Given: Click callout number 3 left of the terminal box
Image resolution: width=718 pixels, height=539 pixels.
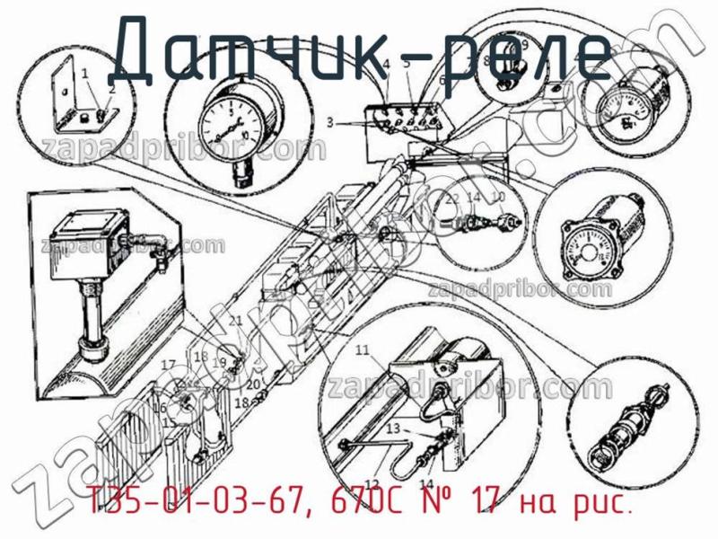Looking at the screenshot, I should pyautogui.click(x=329, y=121).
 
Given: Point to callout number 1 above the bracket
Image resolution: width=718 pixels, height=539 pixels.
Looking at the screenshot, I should pyautogui.click(x=84, y=72).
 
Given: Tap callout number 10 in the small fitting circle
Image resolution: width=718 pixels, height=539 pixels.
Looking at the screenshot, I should pyautogui.click(x=499, y=198).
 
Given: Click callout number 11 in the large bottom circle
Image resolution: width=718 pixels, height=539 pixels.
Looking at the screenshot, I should pyautogui.click(x=362, y=349).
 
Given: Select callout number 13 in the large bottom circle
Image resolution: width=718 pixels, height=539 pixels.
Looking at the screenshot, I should pyautogui.click(x=392, y=430).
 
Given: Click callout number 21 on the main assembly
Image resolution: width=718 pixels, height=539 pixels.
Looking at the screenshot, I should pyautogui.click(x=235, y=321).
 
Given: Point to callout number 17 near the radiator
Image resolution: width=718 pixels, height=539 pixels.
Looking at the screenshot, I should pyautogui.click(x=167, y=364).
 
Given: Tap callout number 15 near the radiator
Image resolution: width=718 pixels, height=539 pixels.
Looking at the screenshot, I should pyautogui.click(x=168, y=422).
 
